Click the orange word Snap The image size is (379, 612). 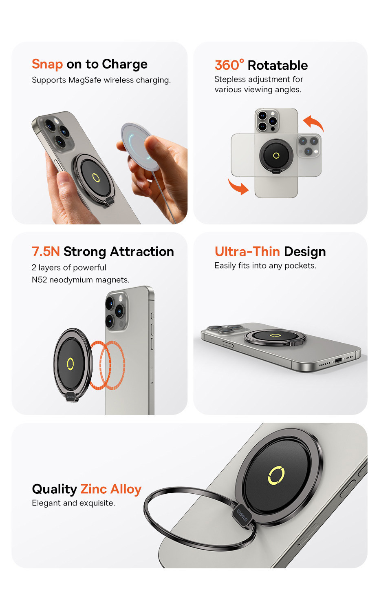click(x=47, y=64)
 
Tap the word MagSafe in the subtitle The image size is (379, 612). click(x=85, y=80)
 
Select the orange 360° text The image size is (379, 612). click(x=229, y=65)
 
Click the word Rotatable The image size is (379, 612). click(x=278, y=65)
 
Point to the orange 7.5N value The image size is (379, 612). click(x=46, y=252)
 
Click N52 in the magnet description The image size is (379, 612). click(x=39, y=280)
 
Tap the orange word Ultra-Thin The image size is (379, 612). click(x=247, y=252)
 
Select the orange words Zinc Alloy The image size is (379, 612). click(x=111, y=489)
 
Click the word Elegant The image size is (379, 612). click(x=46, y=503)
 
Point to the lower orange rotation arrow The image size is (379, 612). click(x=238, y=186)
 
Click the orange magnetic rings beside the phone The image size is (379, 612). click(x=107, y=365)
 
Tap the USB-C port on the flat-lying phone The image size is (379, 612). click(x=338, y=360)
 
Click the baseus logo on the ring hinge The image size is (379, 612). click(x=242, y=515)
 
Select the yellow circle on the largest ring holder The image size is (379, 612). click(x=276, y=475)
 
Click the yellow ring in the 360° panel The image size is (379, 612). click(x=276, y=155)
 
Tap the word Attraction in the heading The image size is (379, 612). click(x=142, y=252)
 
